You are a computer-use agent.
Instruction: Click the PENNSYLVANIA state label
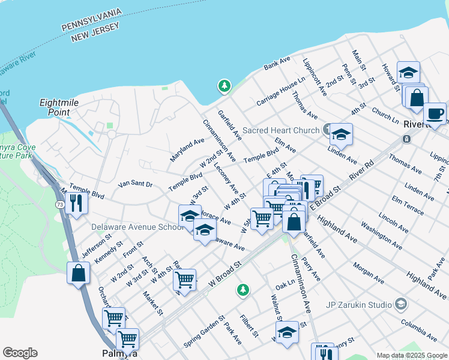[92, 20]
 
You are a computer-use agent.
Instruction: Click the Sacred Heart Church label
[280, 130]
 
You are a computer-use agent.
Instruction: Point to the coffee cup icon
[435, 112]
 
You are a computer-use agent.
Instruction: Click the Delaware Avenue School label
[137, 227]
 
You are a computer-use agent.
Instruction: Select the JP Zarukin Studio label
[358, 304]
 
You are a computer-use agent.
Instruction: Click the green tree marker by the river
[224, 86]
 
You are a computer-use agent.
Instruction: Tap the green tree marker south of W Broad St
[243, 290]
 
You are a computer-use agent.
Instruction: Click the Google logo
[20, 353]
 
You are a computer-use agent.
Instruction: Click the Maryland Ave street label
[187, 146]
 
